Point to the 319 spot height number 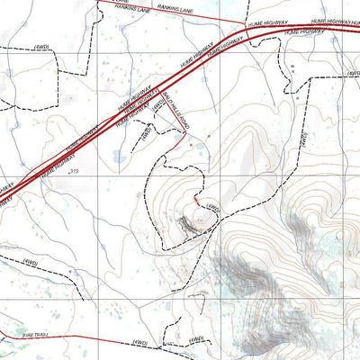(75, 170)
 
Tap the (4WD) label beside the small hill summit (212, 208)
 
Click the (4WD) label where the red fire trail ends (139, 343)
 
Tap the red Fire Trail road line (81, 340)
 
